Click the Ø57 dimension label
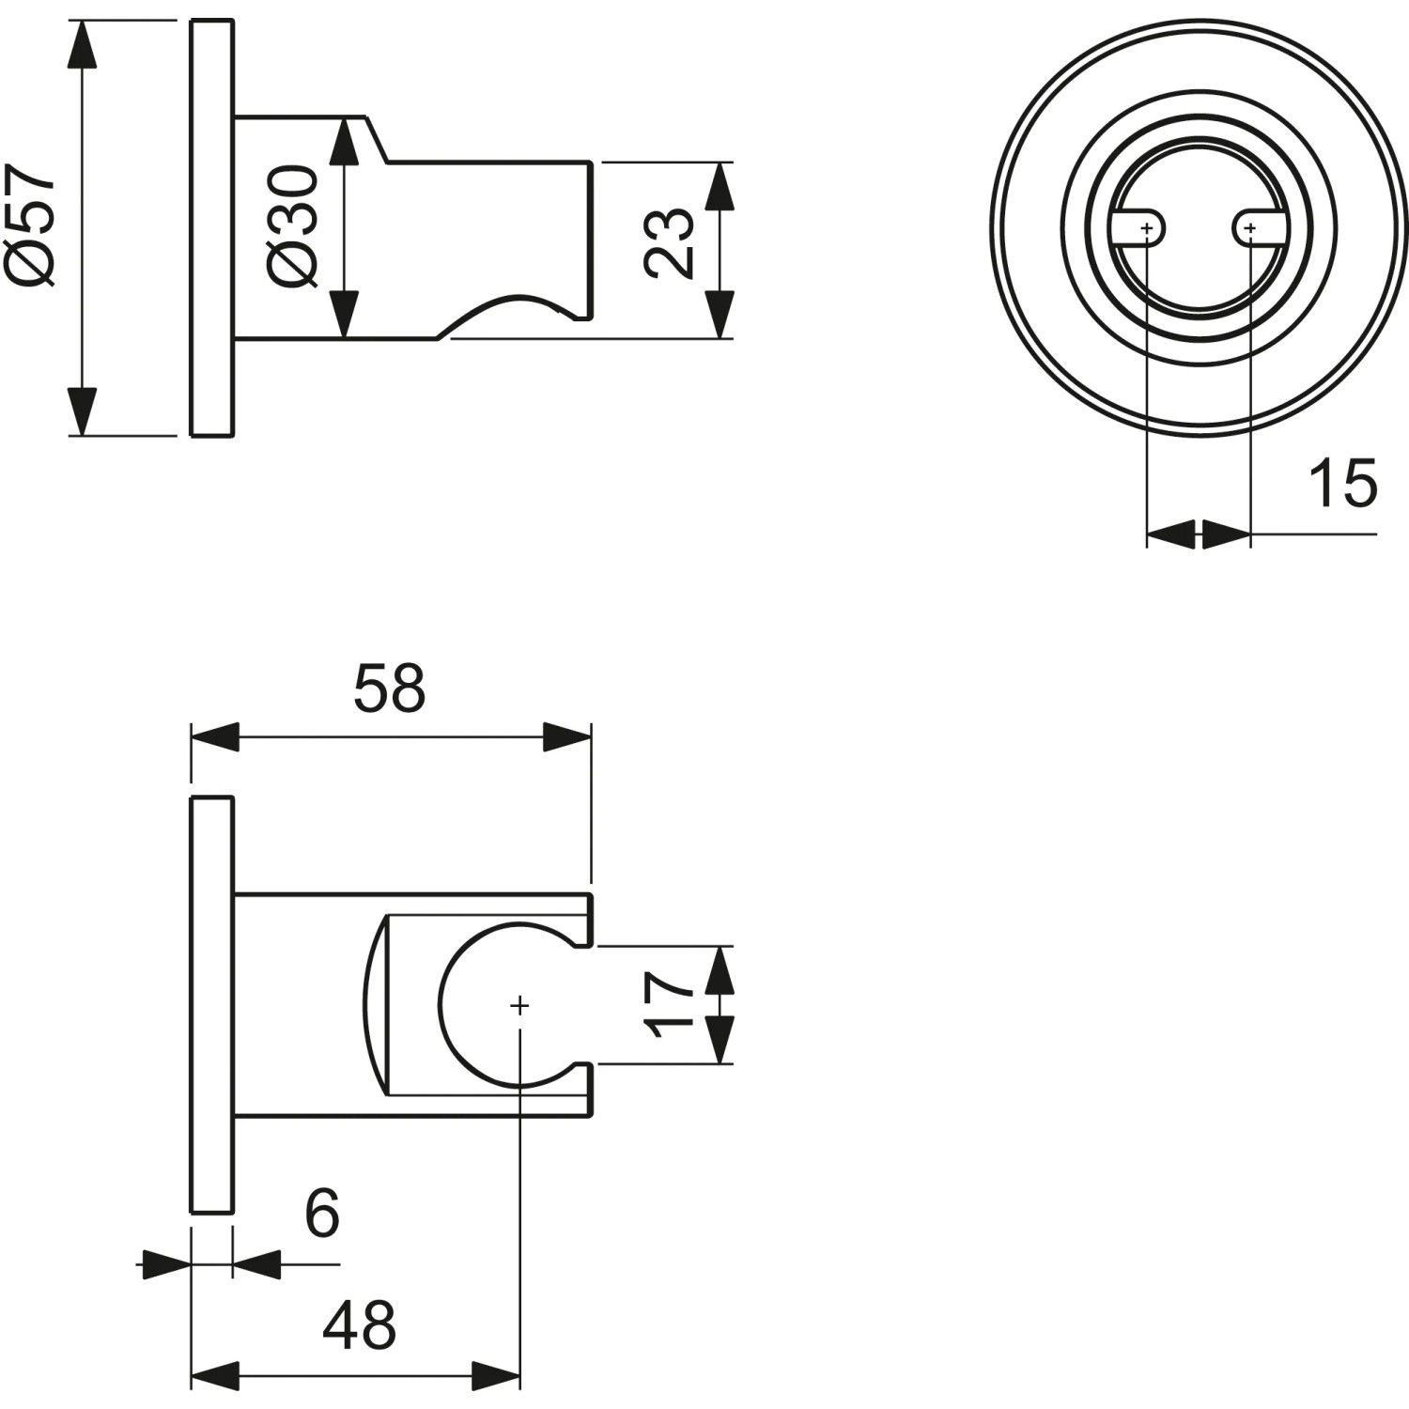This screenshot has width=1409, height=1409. [x=33, y=225]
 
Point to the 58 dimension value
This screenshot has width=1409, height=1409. [x=389, y=689]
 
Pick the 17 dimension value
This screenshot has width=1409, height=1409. [x=670, y=1005]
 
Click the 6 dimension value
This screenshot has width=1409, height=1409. [x=321, y=1214]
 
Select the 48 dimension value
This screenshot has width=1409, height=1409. [x=359, y=1326]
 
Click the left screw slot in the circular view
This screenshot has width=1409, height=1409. [x=1139, y=228]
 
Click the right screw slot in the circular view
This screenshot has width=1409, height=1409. [x=1255, y=228]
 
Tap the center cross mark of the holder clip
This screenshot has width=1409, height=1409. [x=519, y=1006]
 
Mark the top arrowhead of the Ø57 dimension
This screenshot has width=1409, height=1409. [x=84, y=42]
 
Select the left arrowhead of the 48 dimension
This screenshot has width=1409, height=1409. [x=215, y=1377]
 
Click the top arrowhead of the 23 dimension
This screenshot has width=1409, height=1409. [x=719, y=186]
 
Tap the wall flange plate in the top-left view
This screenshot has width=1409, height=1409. [x=212, y=227]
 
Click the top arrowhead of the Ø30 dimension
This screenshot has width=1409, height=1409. [x=346, y=141]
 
